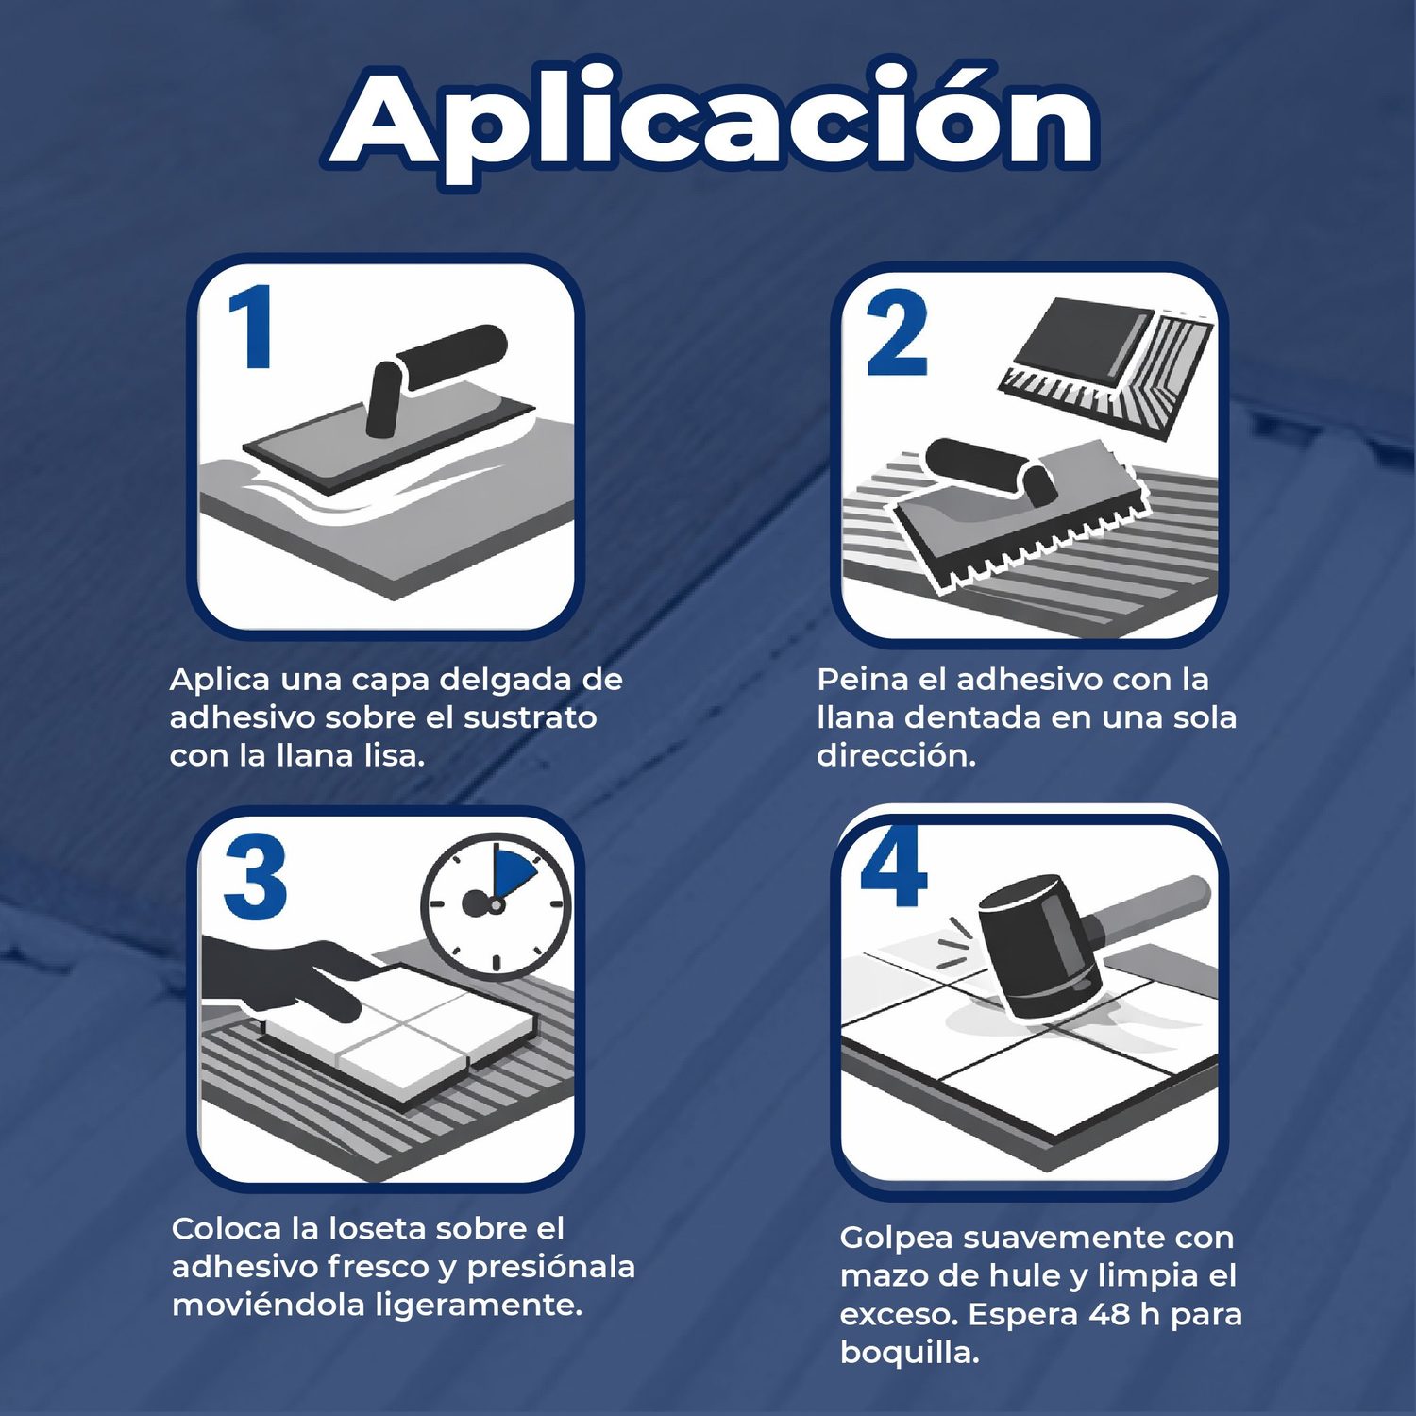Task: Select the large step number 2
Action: (896, 333)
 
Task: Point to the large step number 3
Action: (255, 877)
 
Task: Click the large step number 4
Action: (894, 866)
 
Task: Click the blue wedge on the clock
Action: (513, 874)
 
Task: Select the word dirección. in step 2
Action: (896, 755)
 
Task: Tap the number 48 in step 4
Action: (1109, 1314)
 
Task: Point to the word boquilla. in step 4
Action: (909, 1354)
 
